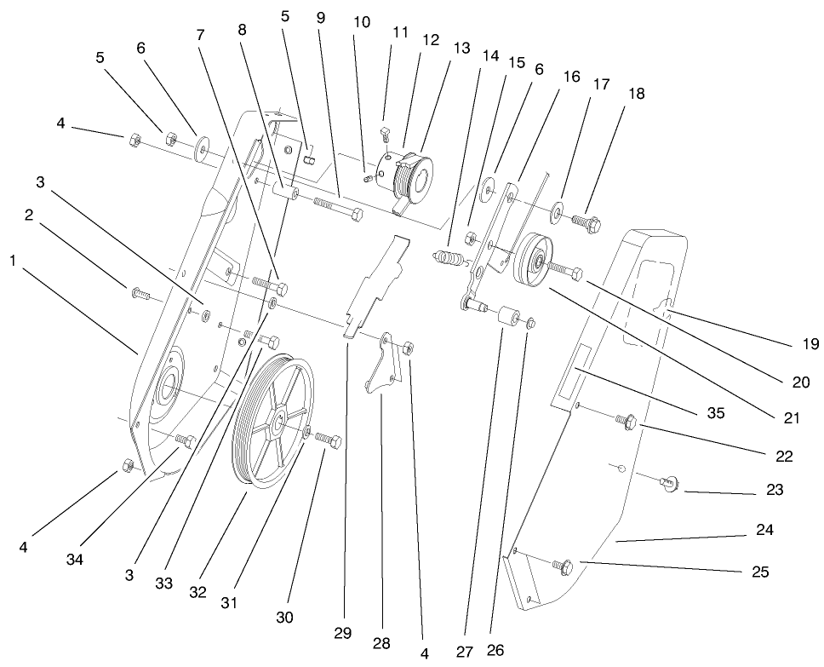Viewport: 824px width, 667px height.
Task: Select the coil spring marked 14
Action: click(x=449, y=257)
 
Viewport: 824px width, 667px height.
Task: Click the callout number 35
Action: click(x=715, y=413)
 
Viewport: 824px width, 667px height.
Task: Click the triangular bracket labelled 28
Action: click(x=383, y=365)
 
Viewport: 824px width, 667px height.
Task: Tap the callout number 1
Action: click(x=13, y=262)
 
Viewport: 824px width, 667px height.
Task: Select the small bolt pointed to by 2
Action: click(x=140, y=296)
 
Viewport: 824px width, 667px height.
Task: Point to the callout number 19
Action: click(x=810, y=344)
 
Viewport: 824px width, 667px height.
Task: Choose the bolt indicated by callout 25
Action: click(x=563, y=564)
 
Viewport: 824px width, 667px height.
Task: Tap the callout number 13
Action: click(x=461, y=49)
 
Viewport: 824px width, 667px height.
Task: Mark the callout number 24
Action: click(x=764, y=530)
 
